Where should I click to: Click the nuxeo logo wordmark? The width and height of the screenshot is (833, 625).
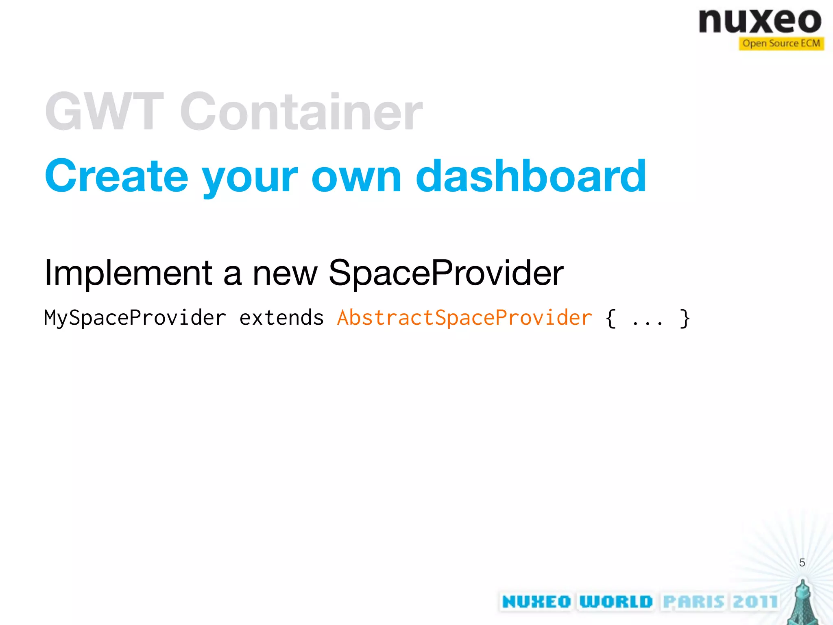click(x=760, y=21)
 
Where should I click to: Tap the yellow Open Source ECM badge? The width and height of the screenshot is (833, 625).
click(x=781, y=44)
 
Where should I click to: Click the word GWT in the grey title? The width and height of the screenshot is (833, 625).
click(x=105, y=111)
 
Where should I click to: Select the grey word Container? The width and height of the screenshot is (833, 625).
click(x=301, y=111)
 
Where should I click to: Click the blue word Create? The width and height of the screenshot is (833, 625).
click(x=117, y=176)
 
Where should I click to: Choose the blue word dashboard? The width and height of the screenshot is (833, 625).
click(x=531, y=176)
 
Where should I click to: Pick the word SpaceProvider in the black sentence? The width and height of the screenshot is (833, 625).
click(x=446, y=273)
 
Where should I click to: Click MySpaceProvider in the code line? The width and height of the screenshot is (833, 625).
click(x=135, y=318)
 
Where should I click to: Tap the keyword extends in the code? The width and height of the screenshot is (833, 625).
click(x=281, y=318)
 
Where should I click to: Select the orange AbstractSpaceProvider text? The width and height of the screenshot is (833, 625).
click(x=464, y=318)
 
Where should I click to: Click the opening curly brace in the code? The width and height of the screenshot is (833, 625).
click(x=611, y=318)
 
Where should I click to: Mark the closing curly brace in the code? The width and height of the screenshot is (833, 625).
click(x=685, y=318)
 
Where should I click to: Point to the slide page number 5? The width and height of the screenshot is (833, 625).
click(x=802, y=563)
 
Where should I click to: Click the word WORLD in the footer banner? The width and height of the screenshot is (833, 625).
click(x=616, y=601)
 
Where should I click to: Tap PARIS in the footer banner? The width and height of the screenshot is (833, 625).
click(x=694, y=601)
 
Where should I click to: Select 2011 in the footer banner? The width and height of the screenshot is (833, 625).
click(x=755, y=601)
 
